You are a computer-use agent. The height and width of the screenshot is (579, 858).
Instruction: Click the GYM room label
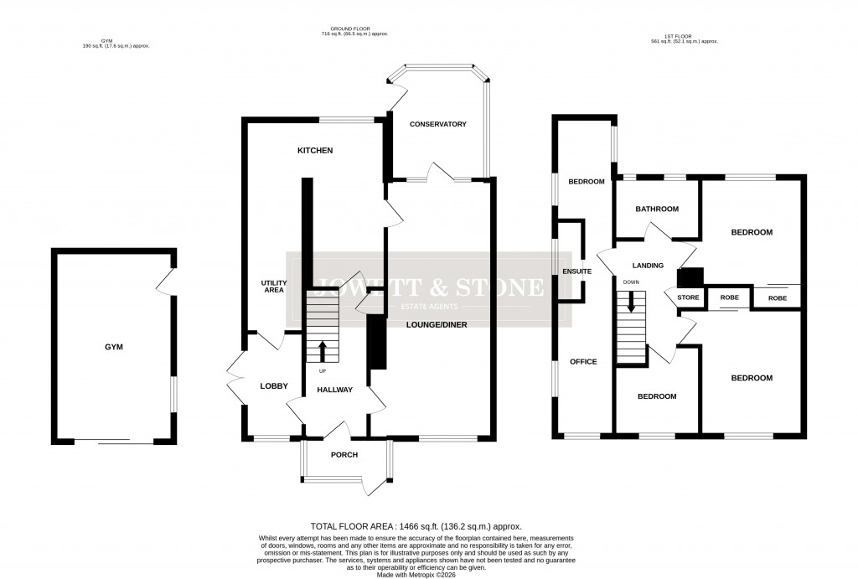coord(113,346)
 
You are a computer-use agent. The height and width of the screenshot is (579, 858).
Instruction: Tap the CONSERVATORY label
coord(437,124)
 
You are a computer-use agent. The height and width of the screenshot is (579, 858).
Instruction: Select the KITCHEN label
coord(315,151)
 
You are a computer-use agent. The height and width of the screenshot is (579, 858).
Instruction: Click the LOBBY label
coord(274,386)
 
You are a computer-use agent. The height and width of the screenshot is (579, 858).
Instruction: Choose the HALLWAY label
coord(334,390)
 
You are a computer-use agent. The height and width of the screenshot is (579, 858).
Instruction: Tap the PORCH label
coord(344,455)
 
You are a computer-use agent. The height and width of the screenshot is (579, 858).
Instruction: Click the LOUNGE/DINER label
coord(437,324)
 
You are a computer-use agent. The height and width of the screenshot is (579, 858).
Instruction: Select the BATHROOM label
coord(656,209)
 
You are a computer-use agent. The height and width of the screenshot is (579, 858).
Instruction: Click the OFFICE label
coord(583,362)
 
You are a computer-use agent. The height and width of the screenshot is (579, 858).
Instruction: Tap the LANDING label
coord(648,266)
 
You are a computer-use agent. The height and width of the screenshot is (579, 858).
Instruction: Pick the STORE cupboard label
coord(688,297)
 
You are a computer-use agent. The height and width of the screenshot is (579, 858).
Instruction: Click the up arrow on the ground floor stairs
coord(323,349)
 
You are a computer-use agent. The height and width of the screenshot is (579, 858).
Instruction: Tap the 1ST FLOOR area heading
coord(685,39)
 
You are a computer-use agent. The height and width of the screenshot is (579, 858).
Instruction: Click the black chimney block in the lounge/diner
coord(377,341)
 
